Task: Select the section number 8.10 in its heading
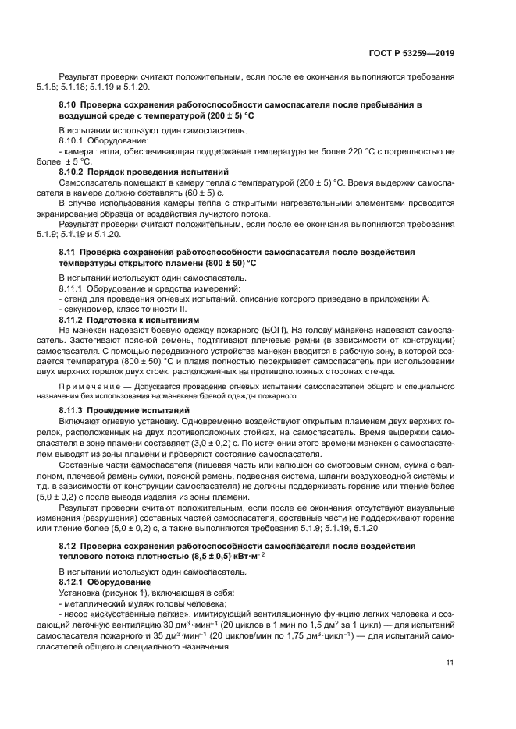68,104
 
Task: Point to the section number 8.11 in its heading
68,253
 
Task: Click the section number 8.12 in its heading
68,545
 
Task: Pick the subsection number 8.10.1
73,140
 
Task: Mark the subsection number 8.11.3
73,409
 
